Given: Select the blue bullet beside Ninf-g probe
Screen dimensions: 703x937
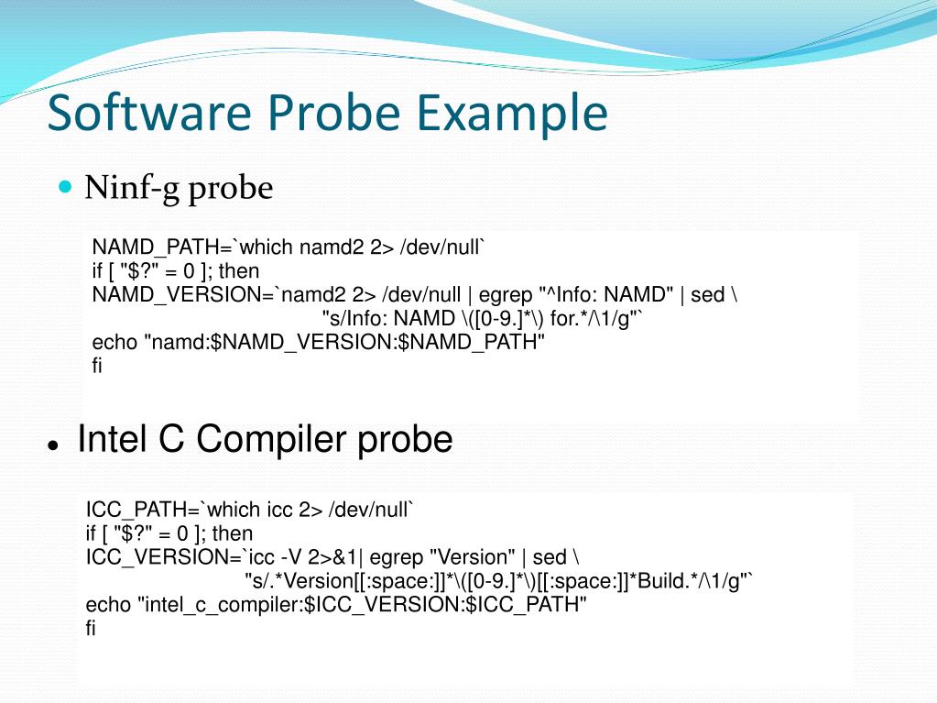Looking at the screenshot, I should [64, 187].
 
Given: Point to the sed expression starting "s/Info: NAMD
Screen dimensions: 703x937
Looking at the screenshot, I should [483, 319].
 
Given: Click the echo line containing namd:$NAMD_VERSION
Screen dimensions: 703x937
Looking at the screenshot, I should [319, 343].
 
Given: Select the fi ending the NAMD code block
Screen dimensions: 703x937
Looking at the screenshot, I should [97, 367].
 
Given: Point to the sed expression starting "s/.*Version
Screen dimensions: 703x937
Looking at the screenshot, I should [498, 581].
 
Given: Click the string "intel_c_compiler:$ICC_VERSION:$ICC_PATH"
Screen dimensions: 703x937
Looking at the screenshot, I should [362, 605].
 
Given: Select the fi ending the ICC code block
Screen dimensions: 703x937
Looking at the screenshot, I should [91, 629].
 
